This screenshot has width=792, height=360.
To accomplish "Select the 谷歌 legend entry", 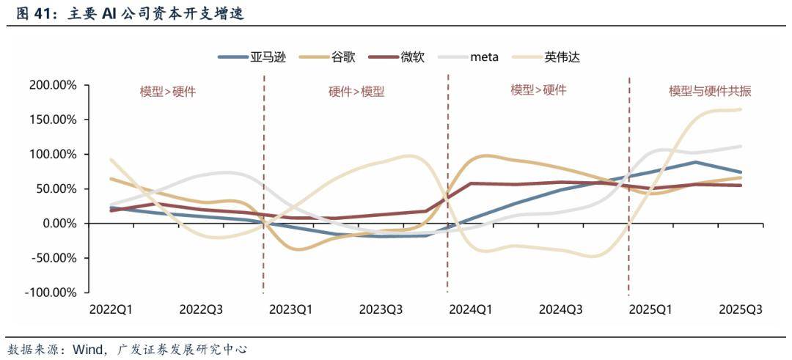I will pos(343,56).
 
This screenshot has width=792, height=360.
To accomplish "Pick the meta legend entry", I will pos(485,56).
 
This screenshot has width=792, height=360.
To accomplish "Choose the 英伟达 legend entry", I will pos(562,56).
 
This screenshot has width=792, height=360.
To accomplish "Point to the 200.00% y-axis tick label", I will pos(53,85).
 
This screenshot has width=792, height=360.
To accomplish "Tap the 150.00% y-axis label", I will pos(53,120).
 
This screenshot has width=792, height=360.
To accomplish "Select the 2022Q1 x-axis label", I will pos(111,309).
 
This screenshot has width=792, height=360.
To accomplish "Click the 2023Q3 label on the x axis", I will pos(381,309).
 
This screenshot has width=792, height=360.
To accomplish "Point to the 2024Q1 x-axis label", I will pos(470,309).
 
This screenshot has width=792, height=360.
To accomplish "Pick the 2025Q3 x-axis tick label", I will pos(740,309).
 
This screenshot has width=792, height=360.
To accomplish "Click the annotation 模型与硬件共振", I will pos(710,92).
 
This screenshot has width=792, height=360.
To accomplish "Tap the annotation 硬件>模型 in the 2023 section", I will pos(356,92).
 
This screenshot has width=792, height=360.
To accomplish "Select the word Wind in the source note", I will pos(87,349).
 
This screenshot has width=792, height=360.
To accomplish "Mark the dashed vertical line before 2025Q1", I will pos(629,191).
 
